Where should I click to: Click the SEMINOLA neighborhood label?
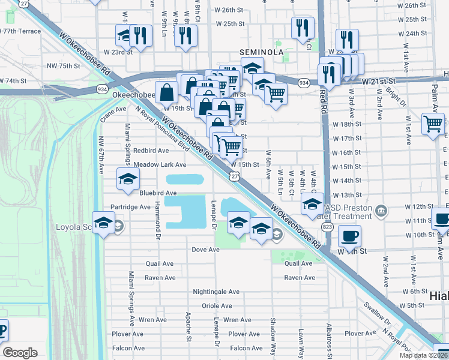(x=261, y=52)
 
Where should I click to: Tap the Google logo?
(x=20, y=353)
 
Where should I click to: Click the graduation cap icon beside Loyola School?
(x=103, y=223)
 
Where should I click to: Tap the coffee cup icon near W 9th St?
(x=349, y=236)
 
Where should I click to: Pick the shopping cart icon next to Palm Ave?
(x=433, y=124)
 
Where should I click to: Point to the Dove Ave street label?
(x=206, y=249)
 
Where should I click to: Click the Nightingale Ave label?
(x=216, y=292)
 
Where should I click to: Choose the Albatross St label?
(x=328, y=339)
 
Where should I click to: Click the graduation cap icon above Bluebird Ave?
(x=128, y=179)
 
